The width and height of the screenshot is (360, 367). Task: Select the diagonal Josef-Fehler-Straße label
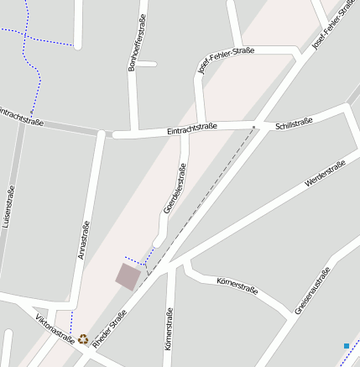tap(331, 26)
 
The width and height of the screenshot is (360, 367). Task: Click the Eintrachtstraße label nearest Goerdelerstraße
tap(192, 127)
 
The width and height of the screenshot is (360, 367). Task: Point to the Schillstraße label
tap(294, 122)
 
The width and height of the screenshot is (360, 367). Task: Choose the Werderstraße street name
tap(326, 174)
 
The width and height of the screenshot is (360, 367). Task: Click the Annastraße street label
tap(83, 240)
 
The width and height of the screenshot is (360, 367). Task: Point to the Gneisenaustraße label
tap(313, 291)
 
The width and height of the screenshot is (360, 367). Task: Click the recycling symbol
tap(83, 339)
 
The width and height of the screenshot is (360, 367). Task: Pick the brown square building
tap(128, 276)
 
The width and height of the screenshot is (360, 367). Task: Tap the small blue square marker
tap(346, 345)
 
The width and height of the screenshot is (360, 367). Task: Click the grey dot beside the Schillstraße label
tap(253, 128)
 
